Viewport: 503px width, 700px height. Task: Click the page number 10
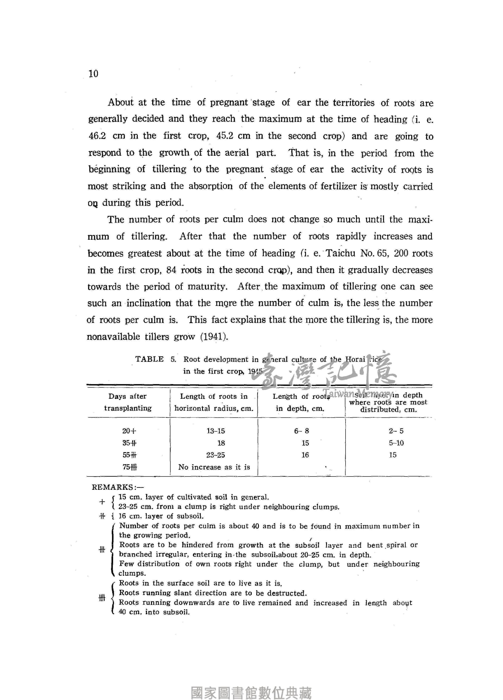coord(93,74)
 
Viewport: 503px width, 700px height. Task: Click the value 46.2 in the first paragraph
coord(97,136)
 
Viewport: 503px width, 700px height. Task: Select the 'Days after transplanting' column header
coord(128,402)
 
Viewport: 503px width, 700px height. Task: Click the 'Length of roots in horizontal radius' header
coord(214,402)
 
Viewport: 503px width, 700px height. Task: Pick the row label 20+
coord(129,431)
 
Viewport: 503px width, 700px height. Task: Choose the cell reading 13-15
coord(216,431)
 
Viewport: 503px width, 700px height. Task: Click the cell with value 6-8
coord(302,431)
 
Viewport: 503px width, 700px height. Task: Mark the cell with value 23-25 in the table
coord(216,455)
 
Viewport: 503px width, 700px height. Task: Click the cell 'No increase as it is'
coord(214,467)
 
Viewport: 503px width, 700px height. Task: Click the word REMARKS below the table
coord(112,487)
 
